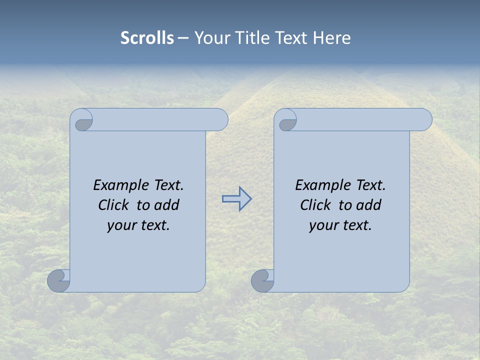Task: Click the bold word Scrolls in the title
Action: [147, 38]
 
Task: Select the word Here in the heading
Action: [332, 38]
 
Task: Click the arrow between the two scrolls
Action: [236, 198]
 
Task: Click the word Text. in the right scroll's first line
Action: [370, 185]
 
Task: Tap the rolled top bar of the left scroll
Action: [160, 119]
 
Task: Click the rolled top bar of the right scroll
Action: [364, 119]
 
